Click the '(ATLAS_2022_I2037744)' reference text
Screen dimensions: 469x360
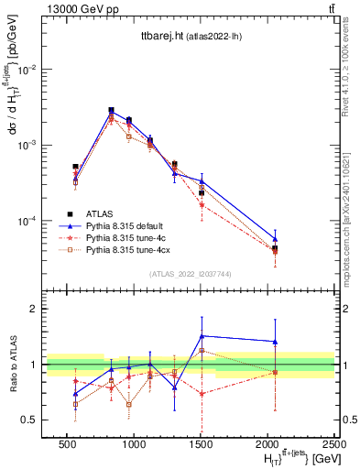coord(189,274)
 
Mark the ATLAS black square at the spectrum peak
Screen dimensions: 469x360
coord(111,110)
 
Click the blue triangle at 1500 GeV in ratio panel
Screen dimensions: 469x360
coord(202,336)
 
